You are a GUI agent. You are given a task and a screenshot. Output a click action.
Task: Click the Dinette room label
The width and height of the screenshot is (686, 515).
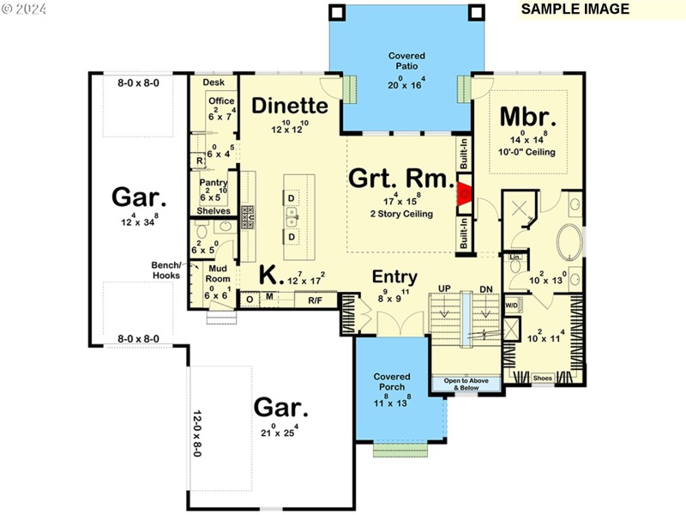[290, 106]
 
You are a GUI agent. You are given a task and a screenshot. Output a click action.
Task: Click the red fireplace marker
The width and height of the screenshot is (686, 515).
[464, 193]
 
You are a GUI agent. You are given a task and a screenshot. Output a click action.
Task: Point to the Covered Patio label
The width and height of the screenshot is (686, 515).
[406, 62]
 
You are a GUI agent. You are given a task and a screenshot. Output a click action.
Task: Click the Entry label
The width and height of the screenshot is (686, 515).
[394, 277]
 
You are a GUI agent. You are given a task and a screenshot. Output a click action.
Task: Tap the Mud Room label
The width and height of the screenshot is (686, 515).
[217, 274]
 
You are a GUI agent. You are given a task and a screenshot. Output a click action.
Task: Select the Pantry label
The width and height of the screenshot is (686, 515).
[213, 183]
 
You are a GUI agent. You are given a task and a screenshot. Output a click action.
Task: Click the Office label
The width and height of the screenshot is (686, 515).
[220, 101]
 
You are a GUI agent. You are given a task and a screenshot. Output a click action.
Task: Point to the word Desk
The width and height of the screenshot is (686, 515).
[214, 82]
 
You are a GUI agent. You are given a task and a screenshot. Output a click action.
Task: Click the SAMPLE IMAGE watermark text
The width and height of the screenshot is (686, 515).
[575, 9]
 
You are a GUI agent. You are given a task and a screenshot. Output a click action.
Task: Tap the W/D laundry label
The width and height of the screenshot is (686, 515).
[511, 305]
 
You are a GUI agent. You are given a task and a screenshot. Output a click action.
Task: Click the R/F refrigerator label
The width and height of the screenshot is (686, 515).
[315, 299]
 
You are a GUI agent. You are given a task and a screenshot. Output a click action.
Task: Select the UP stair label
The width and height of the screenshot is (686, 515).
[444, 288]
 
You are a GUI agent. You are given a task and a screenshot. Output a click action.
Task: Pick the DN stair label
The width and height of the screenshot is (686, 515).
[486, 288]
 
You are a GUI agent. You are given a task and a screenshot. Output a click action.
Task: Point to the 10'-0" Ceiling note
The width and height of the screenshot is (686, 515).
[527, 153]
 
